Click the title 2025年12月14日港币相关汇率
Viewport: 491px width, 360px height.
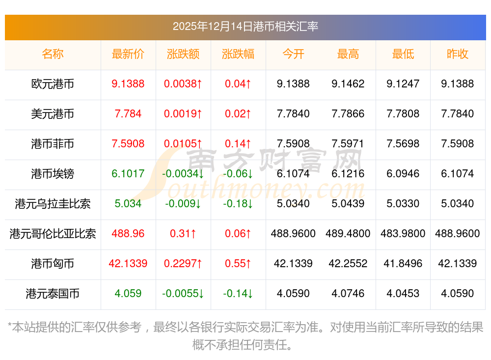[x=245, y=27]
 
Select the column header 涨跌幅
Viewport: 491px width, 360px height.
[x=238, y=54]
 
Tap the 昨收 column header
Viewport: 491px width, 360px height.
[x=457, y=54]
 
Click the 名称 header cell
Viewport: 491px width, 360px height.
[x=53, y=54]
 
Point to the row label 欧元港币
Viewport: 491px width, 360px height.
[x=53, y=84]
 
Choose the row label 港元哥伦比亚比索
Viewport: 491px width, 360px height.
[x=53, y=234]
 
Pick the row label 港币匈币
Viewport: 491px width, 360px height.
[x=53, y=264]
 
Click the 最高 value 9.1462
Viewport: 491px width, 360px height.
[x=348, y=84]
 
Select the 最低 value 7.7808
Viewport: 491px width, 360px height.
[x=403, y=114]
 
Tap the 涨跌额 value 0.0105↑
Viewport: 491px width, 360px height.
[x=183, y=144]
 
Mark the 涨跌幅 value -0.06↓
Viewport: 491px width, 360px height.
[x=238, y=174]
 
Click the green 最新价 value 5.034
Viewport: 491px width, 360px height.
[x=128, y=204]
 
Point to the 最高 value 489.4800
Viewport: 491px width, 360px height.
[x=348, y=234]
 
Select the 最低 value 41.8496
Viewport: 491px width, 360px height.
[x=403, y=264]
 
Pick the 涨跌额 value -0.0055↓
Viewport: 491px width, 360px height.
[x=183, y=294]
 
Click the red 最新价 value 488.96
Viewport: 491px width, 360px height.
[x=128, y=234]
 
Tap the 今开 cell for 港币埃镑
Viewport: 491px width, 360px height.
[x=293, y=174]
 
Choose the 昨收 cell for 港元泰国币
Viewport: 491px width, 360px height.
[x=457, y=294]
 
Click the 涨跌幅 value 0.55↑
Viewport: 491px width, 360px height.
[x=238, y=264]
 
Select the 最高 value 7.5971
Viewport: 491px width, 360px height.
[x=348, y=144]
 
